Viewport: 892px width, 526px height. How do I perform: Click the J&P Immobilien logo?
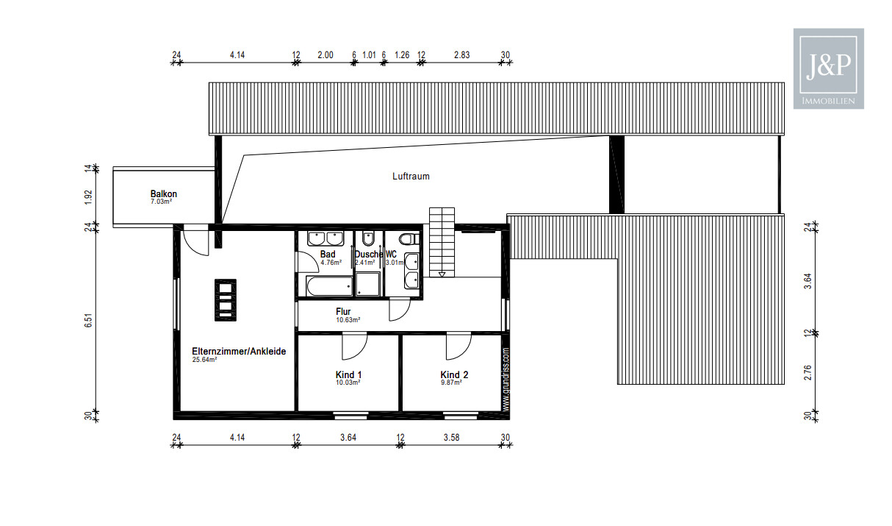coord(829,68)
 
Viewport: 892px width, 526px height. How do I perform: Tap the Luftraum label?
coord(411,177)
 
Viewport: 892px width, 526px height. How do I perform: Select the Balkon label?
coord(164,194)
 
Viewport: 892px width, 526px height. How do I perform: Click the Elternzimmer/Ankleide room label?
coord(239,352)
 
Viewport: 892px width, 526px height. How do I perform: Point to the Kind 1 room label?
coord(348,374)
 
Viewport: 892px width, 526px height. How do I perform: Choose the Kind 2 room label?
coord(454,374)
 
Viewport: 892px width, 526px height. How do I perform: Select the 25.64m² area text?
coord(205,360)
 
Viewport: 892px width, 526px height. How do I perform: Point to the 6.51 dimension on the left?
coord(88,321)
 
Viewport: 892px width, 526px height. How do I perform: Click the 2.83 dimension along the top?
coord(461,54)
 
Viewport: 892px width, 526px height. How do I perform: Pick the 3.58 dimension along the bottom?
coord(452,438)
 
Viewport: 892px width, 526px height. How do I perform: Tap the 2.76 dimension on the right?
coord(808,372)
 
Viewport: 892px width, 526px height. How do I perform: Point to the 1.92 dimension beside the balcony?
coord(88,196)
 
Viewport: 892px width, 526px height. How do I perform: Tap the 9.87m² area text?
coord(451,383)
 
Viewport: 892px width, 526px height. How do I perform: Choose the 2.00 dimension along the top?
coord(325,54)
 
